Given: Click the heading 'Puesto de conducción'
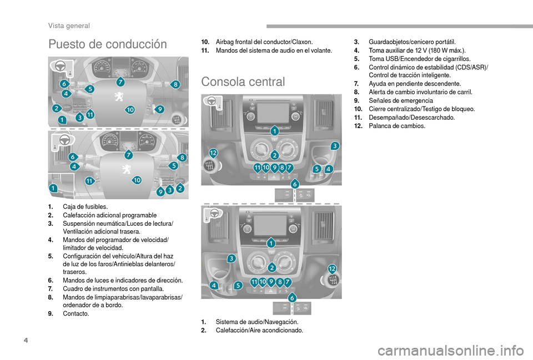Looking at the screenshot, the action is coord(107,44).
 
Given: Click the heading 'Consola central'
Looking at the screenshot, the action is coord(243,82).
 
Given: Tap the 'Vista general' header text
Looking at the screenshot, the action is coord(69,26).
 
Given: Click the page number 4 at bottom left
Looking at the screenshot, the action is coord(26,340).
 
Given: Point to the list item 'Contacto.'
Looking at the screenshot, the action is coord(76,313).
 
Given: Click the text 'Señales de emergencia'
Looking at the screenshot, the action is coord(401,100).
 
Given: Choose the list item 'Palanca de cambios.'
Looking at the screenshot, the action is coord(396,126).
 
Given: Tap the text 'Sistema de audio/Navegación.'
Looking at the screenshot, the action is coord(257,322).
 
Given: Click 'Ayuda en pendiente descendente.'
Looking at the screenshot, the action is coord(415,84).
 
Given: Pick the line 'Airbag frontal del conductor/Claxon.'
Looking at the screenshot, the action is coord(264,42).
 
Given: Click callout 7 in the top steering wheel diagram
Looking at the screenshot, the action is coord(120,82).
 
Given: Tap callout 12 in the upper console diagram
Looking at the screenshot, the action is coord(213,153).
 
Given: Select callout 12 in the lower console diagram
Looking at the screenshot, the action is coord(332,269).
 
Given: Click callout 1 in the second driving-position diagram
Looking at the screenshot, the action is coord(53,188).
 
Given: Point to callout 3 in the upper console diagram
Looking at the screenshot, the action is coord(335,146).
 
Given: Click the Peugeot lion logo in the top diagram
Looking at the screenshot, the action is coord(119,96).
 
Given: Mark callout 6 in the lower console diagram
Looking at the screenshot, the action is coord(292,298).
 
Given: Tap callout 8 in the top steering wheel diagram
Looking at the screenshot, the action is coord(175,84).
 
